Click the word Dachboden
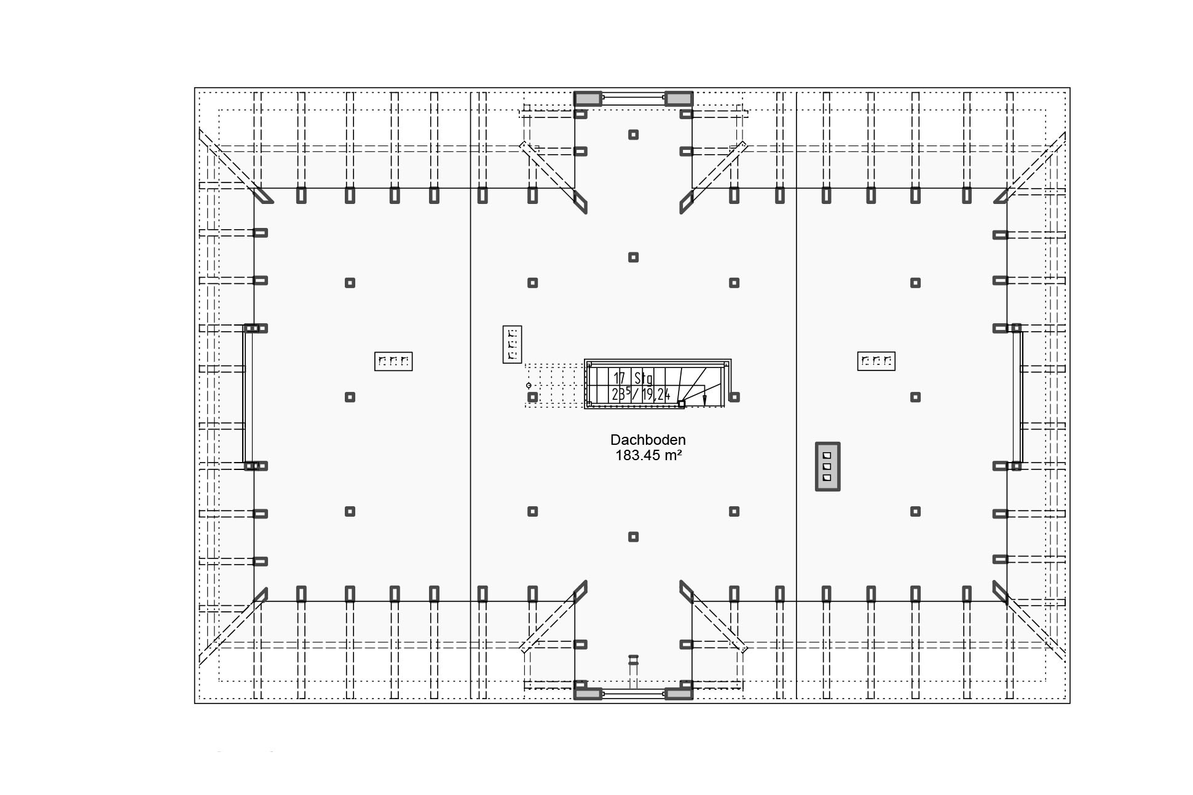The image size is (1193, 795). [x=648, y=440]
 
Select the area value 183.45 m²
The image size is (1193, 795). [x=648, y=455]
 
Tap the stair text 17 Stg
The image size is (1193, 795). [x=633, y=378]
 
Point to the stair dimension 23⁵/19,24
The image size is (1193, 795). [x=640, y=394]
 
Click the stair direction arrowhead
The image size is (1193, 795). [x=704, y=400]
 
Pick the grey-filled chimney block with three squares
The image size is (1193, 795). [x=827, y=466]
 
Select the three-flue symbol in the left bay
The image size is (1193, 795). [x=393, y=361]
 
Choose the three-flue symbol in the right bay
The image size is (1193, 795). [x=876, y=361]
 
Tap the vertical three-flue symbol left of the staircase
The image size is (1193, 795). [x=512, y=344]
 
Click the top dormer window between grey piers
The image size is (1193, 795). [x=633, y=97]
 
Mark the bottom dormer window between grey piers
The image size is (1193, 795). [x=633, y=694]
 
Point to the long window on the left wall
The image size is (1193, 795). [x=247, y=397]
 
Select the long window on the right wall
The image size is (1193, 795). [x=1017, y=397]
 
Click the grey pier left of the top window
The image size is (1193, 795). [x=588, y=99]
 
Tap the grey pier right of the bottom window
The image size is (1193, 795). [x=679, y=694]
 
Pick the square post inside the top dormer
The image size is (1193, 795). [x=633, y=135]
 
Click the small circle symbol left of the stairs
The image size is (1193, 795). [x=529, y=385]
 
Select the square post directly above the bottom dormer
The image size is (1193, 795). [x=633, y=537]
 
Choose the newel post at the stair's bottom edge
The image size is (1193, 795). [x=681, y=404]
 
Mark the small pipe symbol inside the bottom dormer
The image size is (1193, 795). [x=633, y=661]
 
